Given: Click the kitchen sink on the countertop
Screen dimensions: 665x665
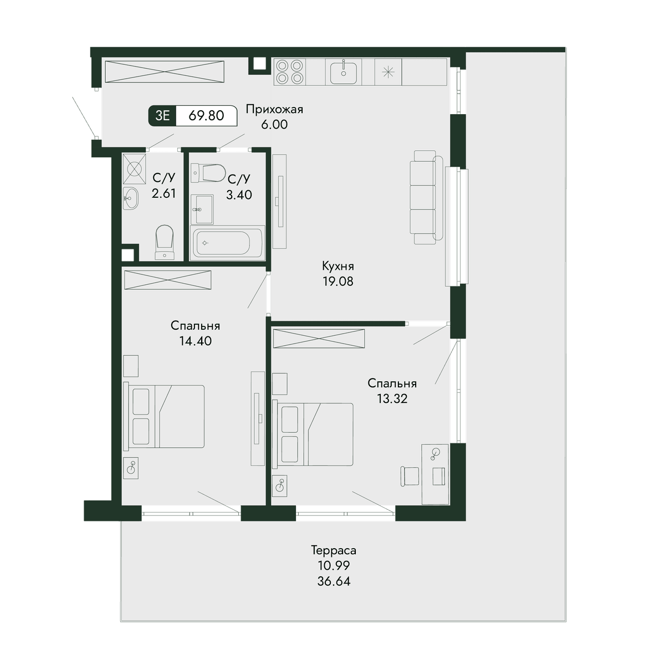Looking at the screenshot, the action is coord(344,72).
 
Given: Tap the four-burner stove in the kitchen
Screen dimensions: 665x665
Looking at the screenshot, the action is coord(289,72).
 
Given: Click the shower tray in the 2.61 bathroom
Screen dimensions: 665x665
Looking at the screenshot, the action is coord(134,169).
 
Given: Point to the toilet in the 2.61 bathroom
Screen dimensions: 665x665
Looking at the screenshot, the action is coord(164,242).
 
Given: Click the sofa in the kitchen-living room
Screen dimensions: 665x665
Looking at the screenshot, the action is coord(427,197).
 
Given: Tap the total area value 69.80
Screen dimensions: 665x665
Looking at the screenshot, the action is coord(206,115).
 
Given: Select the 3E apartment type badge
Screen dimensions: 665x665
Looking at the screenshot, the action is coord(162,115).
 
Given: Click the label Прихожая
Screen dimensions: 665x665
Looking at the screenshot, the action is coord(274,109).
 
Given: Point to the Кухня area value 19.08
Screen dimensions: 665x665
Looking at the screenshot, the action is coord(338,282).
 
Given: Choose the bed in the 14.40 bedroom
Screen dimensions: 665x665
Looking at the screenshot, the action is coord(164,416).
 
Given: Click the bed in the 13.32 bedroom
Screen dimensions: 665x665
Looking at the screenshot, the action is coord(313,434).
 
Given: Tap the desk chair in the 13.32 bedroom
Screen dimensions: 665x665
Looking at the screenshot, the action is coord(410,477).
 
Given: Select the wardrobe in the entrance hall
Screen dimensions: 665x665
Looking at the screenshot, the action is coord(165,72).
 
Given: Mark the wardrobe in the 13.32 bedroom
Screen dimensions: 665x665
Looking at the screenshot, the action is coord(319,339).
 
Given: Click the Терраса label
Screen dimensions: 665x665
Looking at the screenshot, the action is coord(334,550).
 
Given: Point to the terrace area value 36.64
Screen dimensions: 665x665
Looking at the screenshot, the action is coord(334,581).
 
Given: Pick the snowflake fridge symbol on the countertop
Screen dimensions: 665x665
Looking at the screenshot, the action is coord(388,72).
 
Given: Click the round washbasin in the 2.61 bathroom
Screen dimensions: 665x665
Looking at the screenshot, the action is coord(131,198).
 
